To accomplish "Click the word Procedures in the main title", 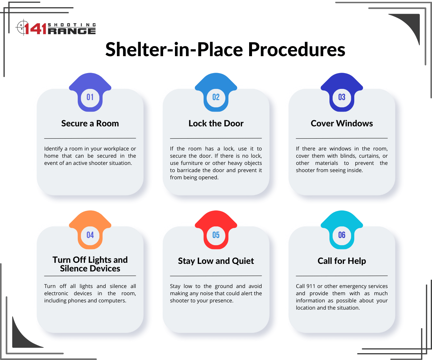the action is point(297,49).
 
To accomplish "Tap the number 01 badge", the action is point(90,92).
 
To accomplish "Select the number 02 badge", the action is point(216,92).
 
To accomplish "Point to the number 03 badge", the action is point(342,92).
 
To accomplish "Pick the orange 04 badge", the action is point(90,230).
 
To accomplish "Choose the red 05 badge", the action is point(216,230).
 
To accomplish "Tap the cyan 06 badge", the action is point(342,230).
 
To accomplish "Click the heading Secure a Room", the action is point(90,123).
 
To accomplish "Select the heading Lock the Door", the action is point(216,123).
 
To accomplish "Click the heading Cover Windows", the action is point(342,123).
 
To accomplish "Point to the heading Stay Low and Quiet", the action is point(216,261).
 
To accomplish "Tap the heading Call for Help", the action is point(342,261).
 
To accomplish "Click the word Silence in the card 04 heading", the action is point(75,269).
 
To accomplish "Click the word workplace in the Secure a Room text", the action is point(116,149).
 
